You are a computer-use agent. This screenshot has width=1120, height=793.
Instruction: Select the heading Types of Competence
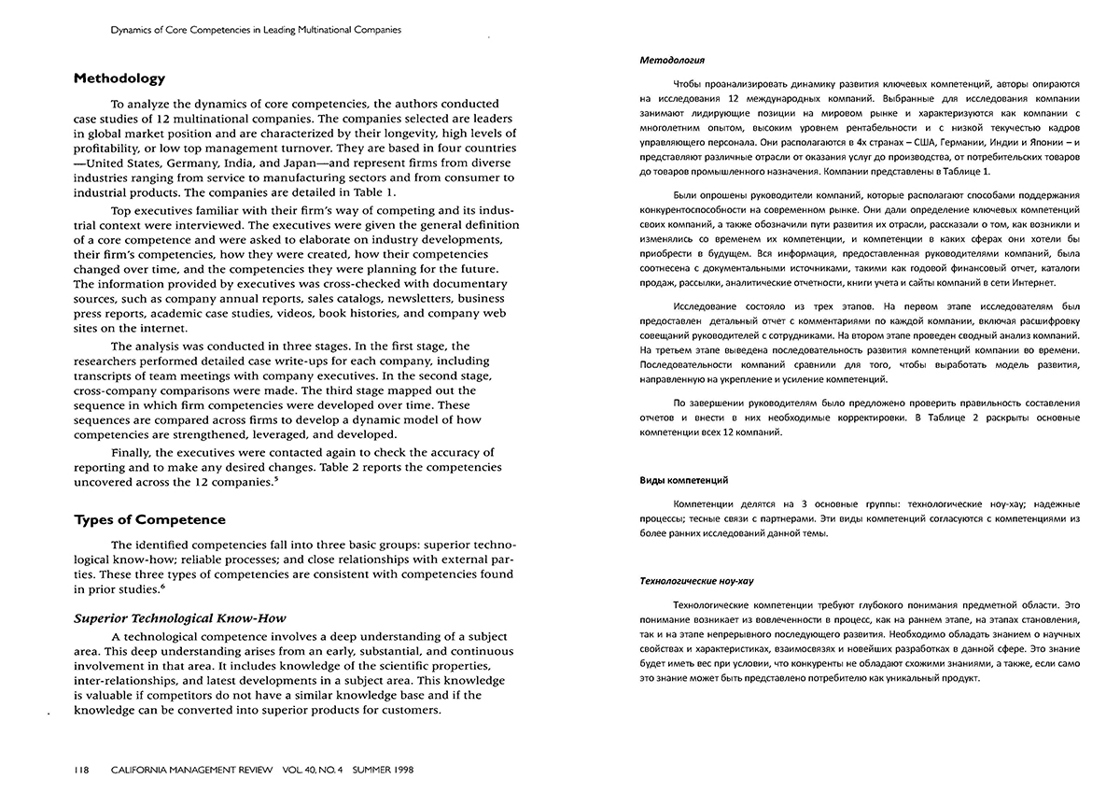click(149, 519)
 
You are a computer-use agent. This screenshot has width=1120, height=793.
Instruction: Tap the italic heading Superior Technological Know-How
click(179, 618)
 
